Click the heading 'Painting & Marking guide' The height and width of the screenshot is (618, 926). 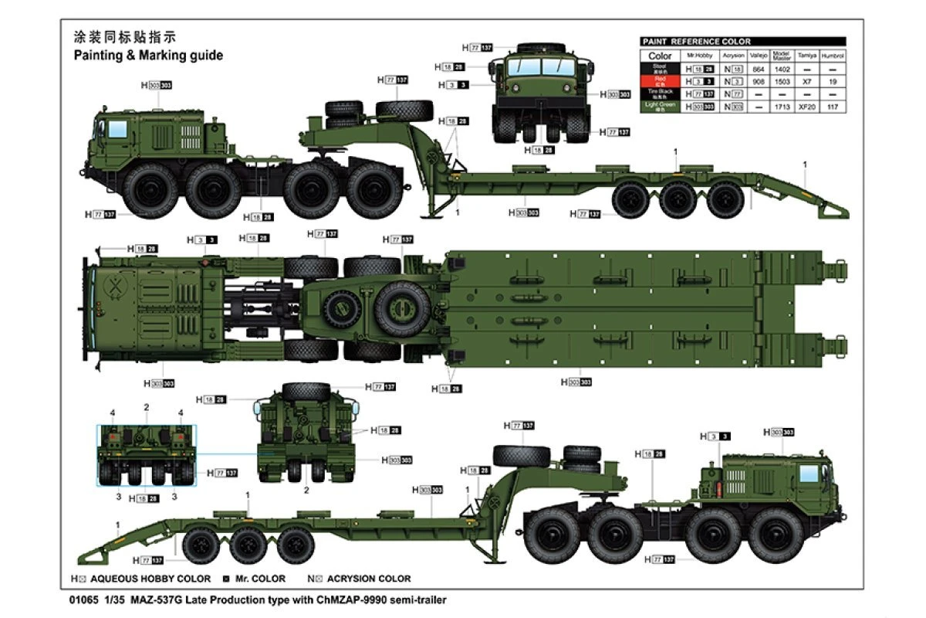click(148, 56)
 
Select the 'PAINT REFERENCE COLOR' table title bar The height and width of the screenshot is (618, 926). click(742, 42)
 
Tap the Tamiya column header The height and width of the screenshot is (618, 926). click(807, 56)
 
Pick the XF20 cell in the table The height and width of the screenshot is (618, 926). click(807, 106)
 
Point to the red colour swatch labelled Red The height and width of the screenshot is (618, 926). click(660, 80)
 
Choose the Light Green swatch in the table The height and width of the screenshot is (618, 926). click(660, 106)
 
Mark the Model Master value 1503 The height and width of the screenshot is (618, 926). click(782, 81)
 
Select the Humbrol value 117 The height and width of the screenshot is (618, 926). click(833, 106)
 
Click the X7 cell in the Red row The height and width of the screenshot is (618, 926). click(807, 81)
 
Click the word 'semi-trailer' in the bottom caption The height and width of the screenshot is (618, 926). click(418, 599)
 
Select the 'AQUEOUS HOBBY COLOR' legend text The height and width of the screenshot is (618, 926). click(150, 579)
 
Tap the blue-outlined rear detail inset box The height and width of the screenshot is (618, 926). click(147, 455)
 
